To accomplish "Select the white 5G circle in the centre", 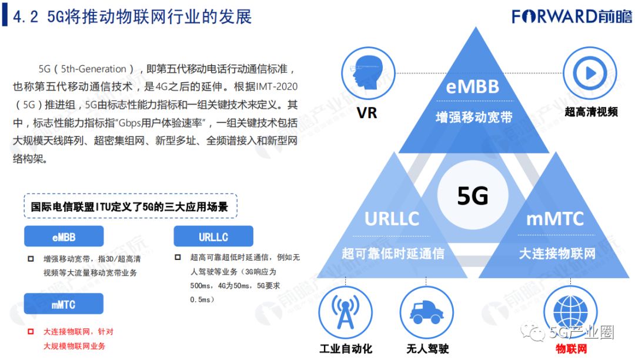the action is coord(472,196).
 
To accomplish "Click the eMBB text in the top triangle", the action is coord(473,86).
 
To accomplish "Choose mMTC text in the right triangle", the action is coord(555,219).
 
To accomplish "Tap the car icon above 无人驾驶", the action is coord(426,312).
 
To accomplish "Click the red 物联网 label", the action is coord(569,348).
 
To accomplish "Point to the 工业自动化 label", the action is coord(346,348).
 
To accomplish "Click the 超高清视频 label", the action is coord(591,111).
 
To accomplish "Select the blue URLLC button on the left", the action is coord(213,236).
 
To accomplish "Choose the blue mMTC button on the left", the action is coord(63,305).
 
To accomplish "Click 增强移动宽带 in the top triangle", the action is coord(473,116).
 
